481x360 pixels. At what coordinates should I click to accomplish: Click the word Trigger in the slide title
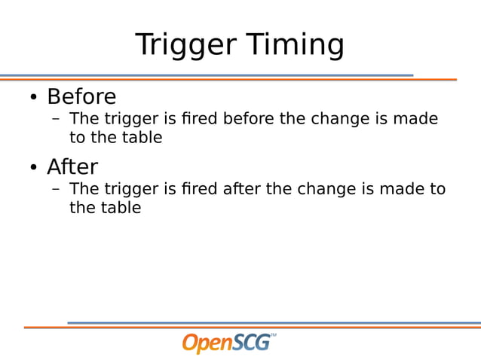(181, 45)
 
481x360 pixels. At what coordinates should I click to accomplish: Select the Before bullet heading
(81, 97)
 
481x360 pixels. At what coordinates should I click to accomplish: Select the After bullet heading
(72, 166)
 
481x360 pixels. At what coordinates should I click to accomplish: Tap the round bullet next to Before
(33, 98)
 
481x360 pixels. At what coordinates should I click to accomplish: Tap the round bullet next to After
(33, 167)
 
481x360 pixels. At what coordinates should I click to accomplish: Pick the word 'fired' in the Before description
(200, 119)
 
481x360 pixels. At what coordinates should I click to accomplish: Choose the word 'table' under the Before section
(142, 139)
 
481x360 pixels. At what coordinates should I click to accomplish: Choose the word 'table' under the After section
(121, 209)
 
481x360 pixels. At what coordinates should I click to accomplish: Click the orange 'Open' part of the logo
(207, 343)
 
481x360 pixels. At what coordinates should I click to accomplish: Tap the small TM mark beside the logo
(273, 335)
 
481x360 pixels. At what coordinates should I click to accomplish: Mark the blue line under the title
(204, 75)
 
